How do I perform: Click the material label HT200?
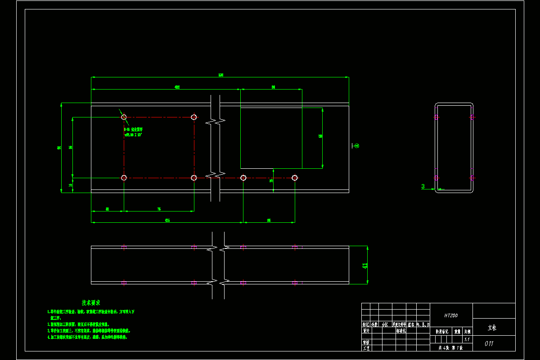pos(451,316)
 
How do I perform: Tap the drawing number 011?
pos(489,344)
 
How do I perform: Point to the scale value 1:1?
pos(467,340)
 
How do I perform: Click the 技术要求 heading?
pos(90,303)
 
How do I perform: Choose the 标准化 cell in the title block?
pos(401,331)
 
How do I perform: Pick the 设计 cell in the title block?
pos(366,331)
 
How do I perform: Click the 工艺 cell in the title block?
pos(366,348)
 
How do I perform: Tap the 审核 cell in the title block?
pos(366,342)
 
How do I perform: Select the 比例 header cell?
pos(467,331)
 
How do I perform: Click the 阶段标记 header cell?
pos(441,331)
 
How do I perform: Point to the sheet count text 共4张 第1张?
pos(450,348)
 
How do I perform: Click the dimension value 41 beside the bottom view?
pos(365,265)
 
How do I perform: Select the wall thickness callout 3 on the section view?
pos(423,187)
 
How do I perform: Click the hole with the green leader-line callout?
pos(124,117)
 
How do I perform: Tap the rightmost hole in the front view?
pos(295,178)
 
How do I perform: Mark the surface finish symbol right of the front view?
pos(355,146)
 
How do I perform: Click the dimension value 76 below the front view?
pos(159,209)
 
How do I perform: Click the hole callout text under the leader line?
pos(133,132)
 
